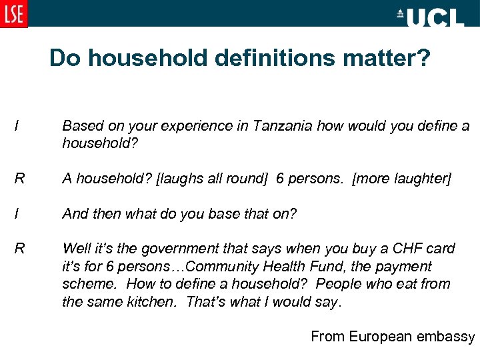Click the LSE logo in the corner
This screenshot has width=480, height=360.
pos(14,13)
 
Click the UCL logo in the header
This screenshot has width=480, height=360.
pos(430,17)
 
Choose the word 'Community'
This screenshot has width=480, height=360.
pos(223,267)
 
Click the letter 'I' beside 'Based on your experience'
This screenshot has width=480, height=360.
pos(15,126)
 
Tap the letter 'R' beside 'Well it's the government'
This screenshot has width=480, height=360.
pos(19,249)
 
